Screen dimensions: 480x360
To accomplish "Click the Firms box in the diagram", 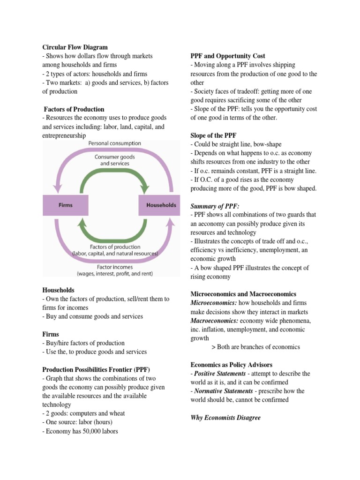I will [x=65, y=205].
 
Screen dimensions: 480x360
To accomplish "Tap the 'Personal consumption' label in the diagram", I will [x=114, y=143].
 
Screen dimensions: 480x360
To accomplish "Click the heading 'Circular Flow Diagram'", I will [x=75, y=47].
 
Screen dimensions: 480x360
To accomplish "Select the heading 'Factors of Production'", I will [x=74, y=109].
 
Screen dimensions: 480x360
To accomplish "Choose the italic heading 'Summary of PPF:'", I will [x=215, y=206].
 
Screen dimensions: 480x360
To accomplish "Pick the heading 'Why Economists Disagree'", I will [x=225, y=418].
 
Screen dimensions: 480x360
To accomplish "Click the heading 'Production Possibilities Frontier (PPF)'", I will [x=96, y=369].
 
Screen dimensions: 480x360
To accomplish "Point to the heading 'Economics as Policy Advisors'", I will [x=231, y=365].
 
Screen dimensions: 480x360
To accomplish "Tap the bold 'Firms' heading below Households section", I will [x=51, y=334].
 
